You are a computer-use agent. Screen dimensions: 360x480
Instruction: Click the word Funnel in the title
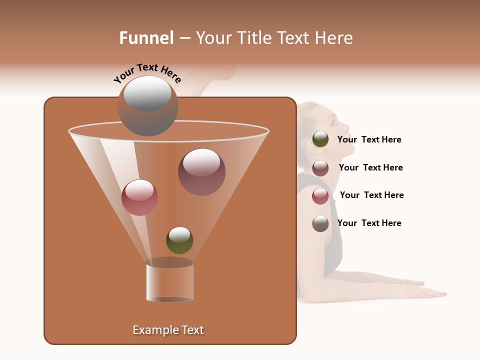[x=146, y=38]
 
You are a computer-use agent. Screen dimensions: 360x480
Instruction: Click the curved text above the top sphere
[x=147, y=73]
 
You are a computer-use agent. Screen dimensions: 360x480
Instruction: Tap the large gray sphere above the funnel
[x=147, y=106]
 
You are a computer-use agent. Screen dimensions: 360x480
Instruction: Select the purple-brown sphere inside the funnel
[x=201, y=172]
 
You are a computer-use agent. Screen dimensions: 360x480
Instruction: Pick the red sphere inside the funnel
[x=139, y=197]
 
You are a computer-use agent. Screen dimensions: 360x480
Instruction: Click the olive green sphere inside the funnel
[x=179, y=240]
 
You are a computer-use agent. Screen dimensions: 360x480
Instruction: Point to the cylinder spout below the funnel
[x=169, y=281]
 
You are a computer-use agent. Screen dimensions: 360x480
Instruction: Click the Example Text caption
[x=168, y=330]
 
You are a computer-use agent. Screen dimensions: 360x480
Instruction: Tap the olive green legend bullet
[x=320, y=139]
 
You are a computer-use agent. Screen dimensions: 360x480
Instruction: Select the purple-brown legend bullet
[x=320, y=168]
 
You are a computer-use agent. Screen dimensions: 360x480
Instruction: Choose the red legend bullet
[x=320, y=196]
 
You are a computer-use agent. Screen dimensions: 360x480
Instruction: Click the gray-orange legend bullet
[x=320, y=223]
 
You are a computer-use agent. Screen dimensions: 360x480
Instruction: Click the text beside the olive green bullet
[x=369, y=140]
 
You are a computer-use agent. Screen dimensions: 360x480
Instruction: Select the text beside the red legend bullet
[x=371, y=195]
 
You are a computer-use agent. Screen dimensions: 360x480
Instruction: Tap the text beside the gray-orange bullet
[x=369, y=223]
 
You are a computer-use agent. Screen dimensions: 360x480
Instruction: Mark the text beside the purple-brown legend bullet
[x=370, y=168]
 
